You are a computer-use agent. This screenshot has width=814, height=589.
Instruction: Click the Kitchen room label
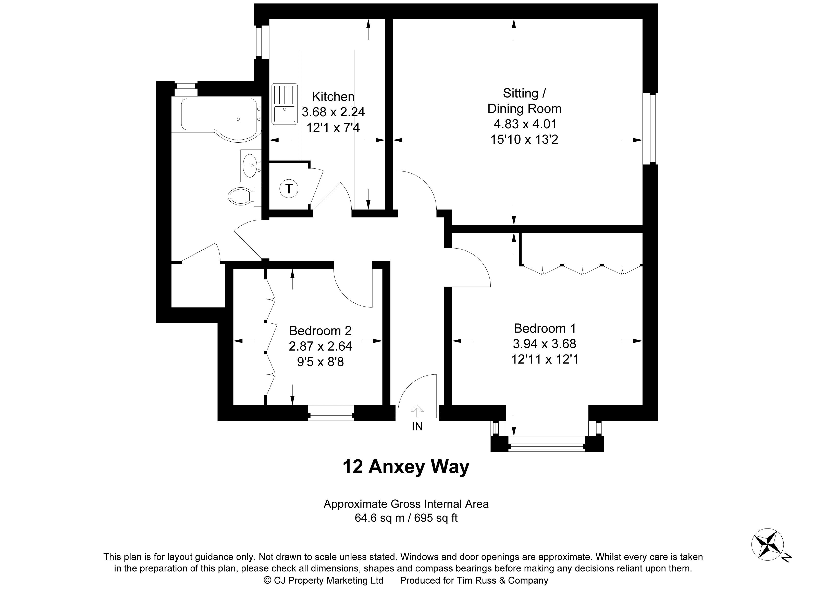[333, 96]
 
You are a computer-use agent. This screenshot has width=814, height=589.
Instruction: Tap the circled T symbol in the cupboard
[289, 188]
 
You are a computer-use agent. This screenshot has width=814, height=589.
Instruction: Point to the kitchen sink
[285, 104]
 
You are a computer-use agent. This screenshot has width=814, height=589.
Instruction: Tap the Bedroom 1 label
[545, 328]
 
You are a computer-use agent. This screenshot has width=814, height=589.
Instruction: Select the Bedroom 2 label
[320, 330]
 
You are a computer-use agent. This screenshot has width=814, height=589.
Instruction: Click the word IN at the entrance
[417, 426]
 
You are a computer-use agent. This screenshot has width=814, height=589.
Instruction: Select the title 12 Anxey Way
[406, 467]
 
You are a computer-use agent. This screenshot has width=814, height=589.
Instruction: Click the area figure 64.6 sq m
[380, 518]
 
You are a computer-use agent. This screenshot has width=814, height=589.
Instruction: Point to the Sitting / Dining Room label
[524, 101]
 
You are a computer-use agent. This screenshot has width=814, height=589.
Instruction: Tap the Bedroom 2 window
[331, 413]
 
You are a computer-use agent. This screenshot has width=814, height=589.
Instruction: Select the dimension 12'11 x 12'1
[545, 359]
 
